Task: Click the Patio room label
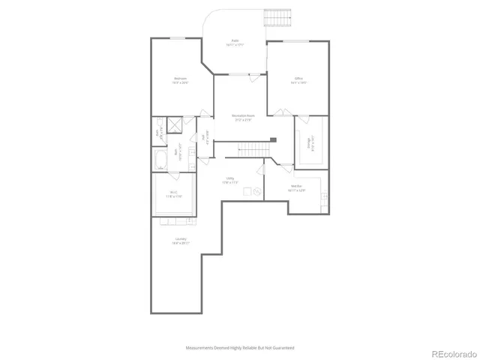tap(235, 43)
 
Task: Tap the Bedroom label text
tap(180, 80)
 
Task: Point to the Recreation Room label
tap(240, 117)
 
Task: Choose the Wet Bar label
tap(296, 189)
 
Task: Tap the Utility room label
tap(229, 180)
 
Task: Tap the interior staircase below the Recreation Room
tap(252, 149)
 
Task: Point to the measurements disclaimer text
tap(240, 348)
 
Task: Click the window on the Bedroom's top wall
tap(178, 37)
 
